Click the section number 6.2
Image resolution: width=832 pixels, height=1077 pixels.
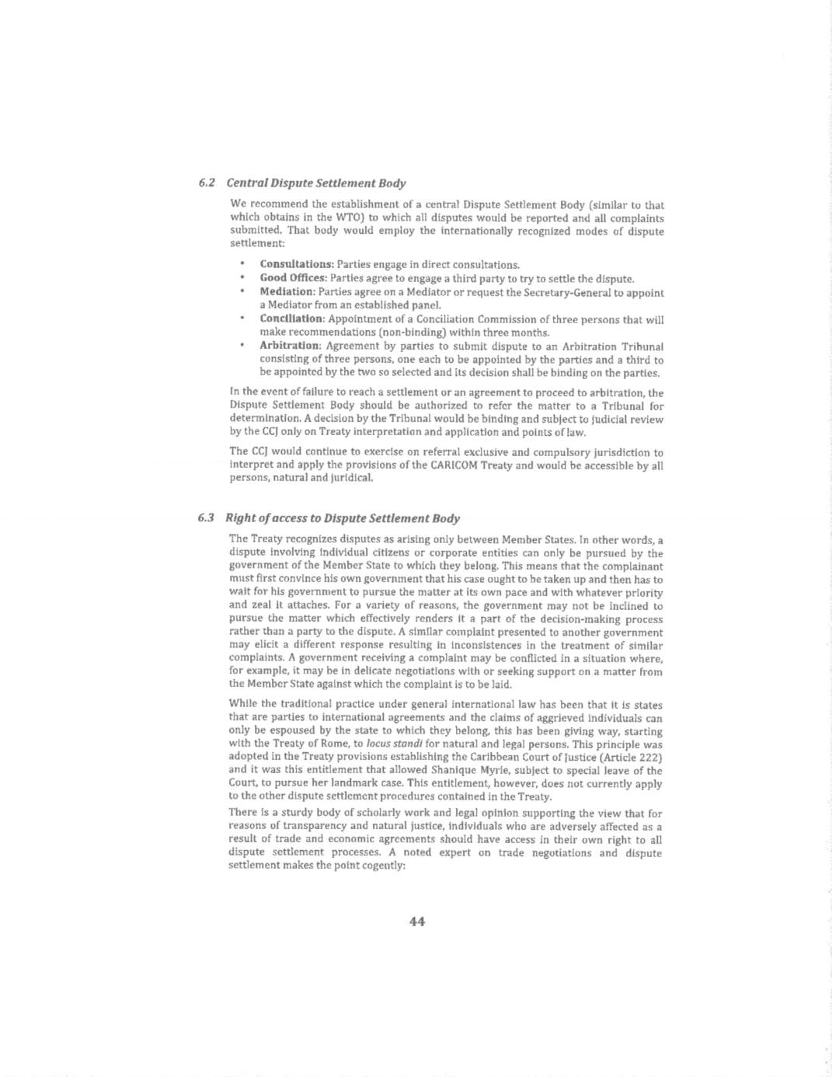[x=206, y=183]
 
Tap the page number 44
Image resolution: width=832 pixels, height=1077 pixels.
[x=416, y=922]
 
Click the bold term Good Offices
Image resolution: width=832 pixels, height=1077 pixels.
[x=293, y=278]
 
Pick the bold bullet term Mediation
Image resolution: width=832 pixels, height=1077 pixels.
[x=287, y=292]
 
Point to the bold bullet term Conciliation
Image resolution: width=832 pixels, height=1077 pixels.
[x=291, y=319]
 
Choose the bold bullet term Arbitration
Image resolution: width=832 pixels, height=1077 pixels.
[x=290, y=346]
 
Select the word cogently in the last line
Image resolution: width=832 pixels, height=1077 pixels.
[x=383, y=866]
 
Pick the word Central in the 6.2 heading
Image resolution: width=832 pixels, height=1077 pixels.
[x=246, y=183]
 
